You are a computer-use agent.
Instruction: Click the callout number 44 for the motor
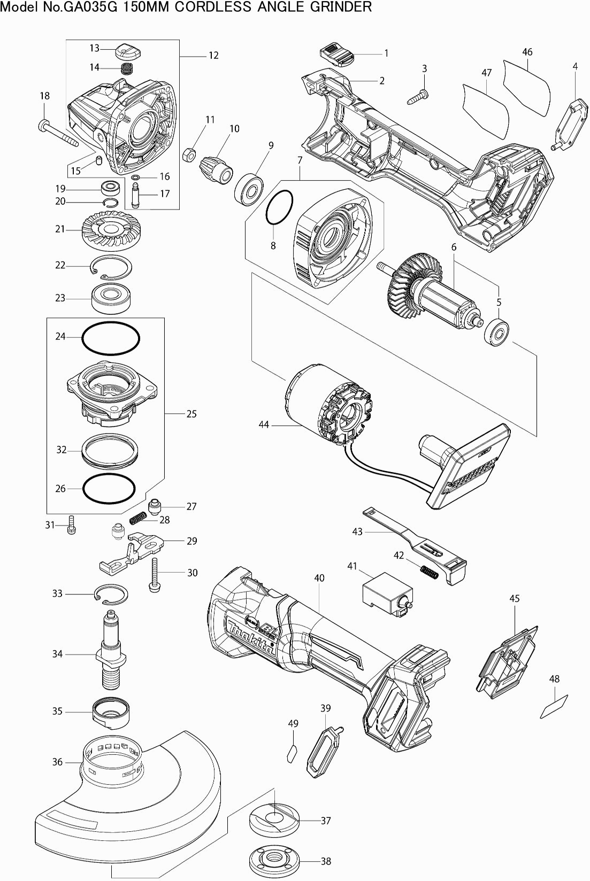pyautogui.click(x=264, y=425)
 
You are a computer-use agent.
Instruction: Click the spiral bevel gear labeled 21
pyautogui.click(x=109, y=230)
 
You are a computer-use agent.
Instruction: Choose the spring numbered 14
pyautogui.click(x=127, y=68)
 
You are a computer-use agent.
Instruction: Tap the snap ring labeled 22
pyautogui.click(x=111, y=268)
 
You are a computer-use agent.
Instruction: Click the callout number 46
pyautogui.click(x=527, y=52)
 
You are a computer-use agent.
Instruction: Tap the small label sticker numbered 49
pyautogui.click(x=292, y=754)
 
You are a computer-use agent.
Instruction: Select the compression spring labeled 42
pyautogui.click(x=428, y=571)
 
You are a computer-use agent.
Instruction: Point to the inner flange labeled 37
pyautogui.click(x=272, y=820)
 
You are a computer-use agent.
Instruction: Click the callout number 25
pyautogui.click(x=191, y=414)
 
